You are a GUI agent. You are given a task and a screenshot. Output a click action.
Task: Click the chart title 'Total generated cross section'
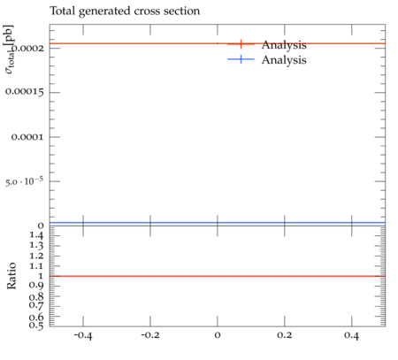125,11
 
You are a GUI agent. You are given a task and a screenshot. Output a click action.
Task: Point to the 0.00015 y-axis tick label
25,92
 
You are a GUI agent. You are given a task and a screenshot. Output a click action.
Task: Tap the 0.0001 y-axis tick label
27,137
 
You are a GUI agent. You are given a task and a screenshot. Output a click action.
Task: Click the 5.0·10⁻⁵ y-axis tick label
24,180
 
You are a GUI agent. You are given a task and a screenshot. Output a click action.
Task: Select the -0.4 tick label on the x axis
83,335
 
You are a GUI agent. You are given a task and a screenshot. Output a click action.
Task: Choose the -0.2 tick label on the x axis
150,335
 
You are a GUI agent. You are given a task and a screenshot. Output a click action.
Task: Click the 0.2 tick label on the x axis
285,335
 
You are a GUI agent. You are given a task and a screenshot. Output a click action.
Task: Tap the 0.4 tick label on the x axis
351,335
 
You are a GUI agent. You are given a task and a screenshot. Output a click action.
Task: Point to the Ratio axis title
11,276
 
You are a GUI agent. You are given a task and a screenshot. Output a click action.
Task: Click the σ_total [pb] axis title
9,50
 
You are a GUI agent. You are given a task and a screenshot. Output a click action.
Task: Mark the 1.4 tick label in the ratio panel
36,235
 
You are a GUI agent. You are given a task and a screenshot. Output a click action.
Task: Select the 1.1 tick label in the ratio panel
36,266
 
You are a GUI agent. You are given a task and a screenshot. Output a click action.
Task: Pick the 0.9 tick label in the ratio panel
36,286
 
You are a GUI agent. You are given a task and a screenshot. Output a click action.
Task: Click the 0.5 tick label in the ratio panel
36,326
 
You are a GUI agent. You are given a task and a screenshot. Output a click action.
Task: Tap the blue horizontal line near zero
218,223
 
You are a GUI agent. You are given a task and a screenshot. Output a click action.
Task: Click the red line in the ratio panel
218,276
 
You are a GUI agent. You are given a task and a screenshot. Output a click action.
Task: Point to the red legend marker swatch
241,44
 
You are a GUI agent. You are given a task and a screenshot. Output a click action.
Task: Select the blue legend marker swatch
241,59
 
